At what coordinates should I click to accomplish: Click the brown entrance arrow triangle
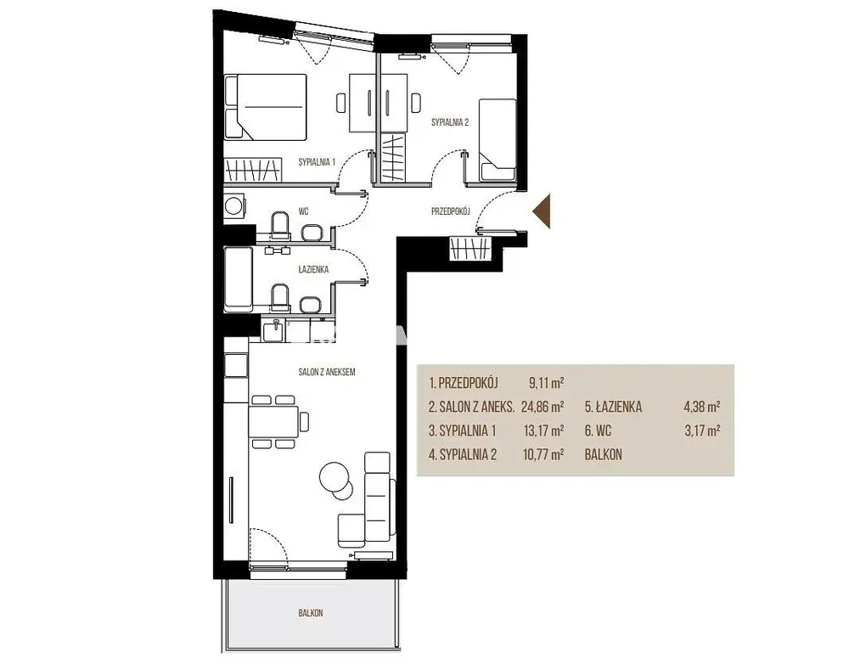pyautogui.click(x=543, y=211)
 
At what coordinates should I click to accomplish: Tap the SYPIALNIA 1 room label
pyautogui.click(x=318, y=161)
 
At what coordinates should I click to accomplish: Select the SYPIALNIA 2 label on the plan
pyautogui.click(x=450, y=122)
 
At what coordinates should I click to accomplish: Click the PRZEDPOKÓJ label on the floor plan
pyautogui.click(x=451, y=211)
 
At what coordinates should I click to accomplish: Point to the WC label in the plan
pyautogui.click(x=303, y=211)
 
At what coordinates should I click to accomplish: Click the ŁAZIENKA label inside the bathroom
pyautogui.click(x=313, y=269)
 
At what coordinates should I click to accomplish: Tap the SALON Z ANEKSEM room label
pyautogui.click(x=327, y=372)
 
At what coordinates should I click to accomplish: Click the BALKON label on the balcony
pyautogui.click(x=311, y=613)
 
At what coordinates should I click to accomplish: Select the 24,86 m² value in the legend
pyautogui.click(x=543, y=407)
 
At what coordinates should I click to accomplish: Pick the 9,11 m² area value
pyautogui.click(x=546, y=383)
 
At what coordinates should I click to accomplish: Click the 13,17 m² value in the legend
pyautogui.click(x=543, y=430)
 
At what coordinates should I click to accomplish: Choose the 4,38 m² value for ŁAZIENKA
pyautogui.click(x=702, y=407)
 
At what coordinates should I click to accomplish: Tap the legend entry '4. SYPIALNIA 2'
pyautogui.click(x=463, y=455)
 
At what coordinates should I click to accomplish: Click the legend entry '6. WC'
pyautogui.click(x=599, y=430)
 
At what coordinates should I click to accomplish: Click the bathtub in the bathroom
pyautogui.click(x=239, y=279)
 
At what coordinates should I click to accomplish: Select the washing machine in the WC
pyautogui.click(x=234, y=206)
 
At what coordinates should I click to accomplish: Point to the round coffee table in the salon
pyautogui.click(x=334, y=476)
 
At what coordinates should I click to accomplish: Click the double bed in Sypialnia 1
pyautogui.click(x=265, y=107)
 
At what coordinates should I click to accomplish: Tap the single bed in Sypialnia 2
pyautogui.click(x=498, y=139)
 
